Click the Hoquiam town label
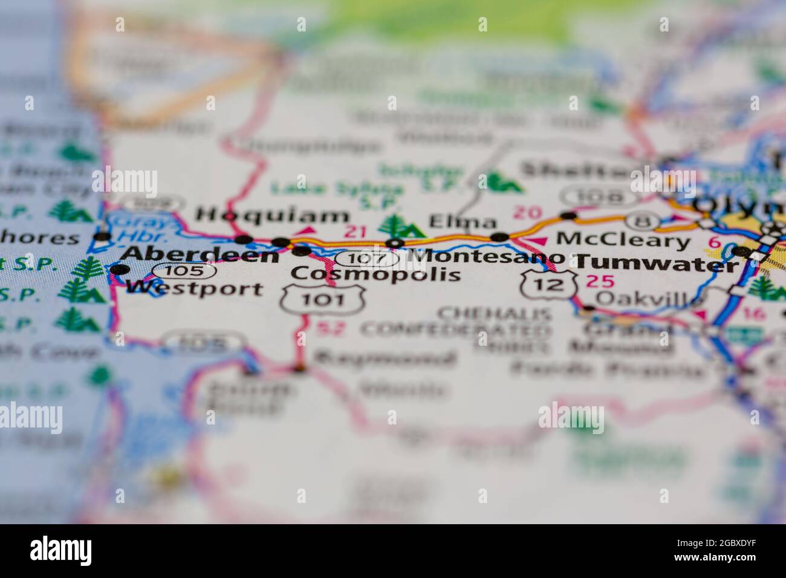point(273,215)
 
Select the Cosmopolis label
point(375,274)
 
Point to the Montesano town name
point(486,256)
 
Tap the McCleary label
point(623,241)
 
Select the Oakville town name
point(649,298)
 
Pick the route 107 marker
point(366,259)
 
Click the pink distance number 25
point(600,281)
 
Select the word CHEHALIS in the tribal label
point(494,313)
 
